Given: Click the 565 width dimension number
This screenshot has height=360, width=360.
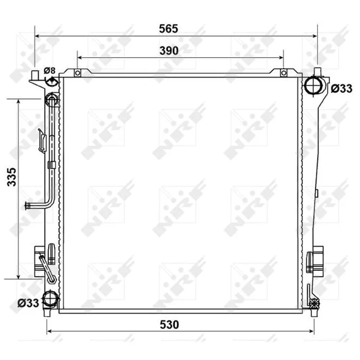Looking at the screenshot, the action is point(168,29).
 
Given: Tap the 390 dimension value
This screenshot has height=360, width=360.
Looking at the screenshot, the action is point(169,51).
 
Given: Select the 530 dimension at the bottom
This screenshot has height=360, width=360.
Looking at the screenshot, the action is point(169,324).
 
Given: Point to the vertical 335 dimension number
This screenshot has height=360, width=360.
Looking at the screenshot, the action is point(12,177).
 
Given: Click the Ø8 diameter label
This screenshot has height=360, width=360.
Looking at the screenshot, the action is point(49,70).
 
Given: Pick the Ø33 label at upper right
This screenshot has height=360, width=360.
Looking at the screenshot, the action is point(341,89).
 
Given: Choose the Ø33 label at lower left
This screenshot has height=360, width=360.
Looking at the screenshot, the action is point(28,303).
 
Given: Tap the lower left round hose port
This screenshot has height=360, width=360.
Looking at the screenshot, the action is point(50,299).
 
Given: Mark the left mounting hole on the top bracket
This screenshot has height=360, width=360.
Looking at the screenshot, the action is point(78,73).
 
